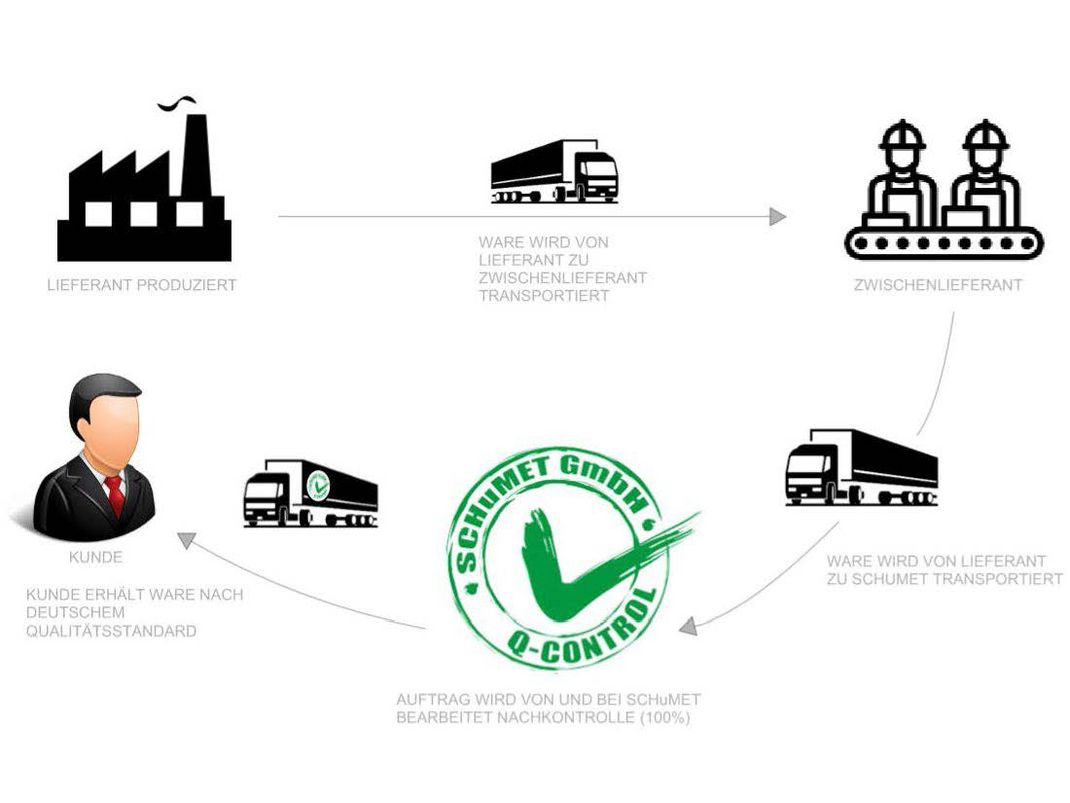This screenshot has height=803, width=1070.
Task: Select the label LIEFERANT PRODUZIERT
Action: [142, 285]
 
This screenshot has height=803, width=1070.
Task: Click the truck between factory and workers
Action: [554, 172]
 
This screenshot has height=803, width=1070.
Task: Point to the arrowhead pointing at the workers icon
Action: [777, 216]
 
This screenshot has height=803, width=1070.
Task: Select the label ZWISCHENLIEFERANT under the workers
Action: [938, 285]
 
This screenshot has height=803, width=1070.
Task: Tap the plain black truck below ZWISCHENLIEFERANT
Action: [861, 467]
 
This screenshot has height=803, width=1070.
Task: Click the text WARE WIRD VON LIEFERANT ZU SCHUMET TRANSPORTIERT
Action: [944, 570]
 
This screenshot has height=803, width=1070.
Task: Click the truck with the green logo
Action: [311, 493]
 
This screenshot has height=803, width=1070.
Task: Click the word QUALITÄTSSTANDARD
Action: [111, 631]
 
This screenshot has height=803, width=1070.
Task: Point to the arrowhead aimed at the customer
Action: [185, 540]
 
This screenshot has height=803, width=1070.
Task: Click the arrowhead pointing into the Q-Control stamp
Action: [687, 627]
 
